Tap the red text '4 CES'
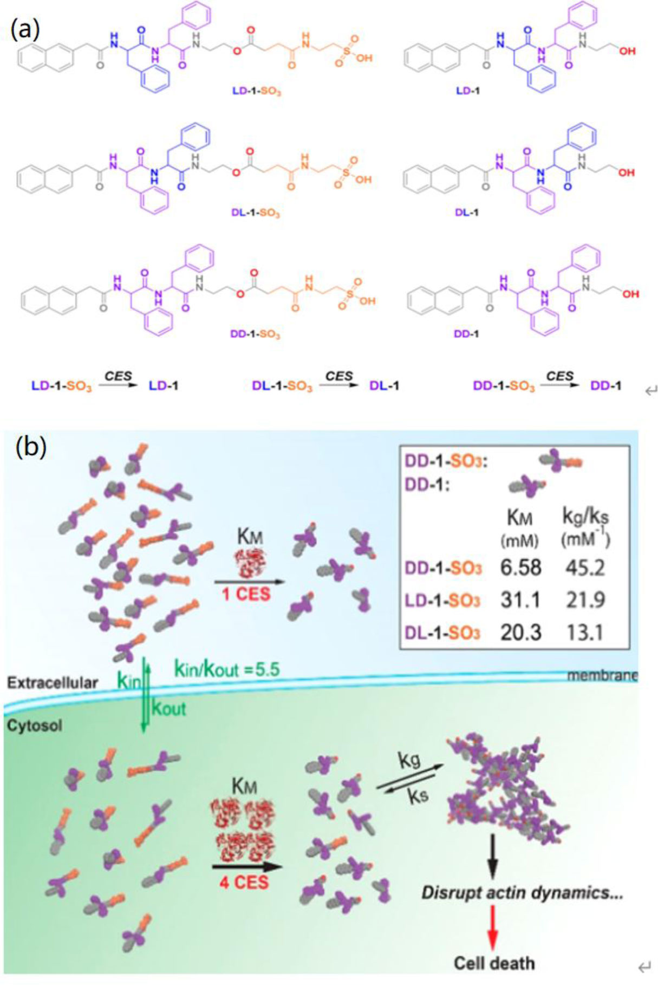point(244,883)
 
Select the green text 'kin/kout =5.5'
point(227,669)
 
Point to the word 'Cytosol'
point(35,726)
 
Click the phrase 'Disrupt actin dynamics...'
point(522,892)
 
